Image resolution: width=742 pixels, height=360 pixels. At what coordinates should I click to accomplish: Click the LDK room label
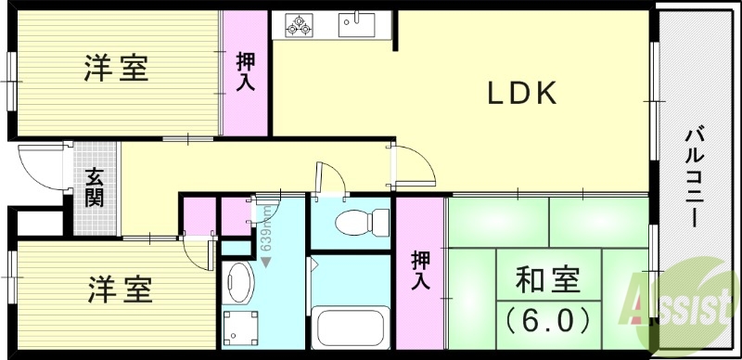(522, 93)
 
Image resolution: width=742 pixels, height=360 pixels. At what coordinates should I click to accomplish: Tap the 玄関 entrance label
(96, 186)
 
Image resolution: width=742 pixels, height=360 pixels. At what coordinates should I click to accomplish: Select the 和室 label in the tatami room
(547, 281)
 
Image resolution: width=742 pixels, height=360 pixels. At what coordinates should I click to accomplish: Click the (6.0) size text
(548, 321)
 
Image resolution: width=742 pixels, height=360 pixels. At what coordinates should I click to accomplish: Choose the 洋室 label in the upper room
(116, 69)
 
